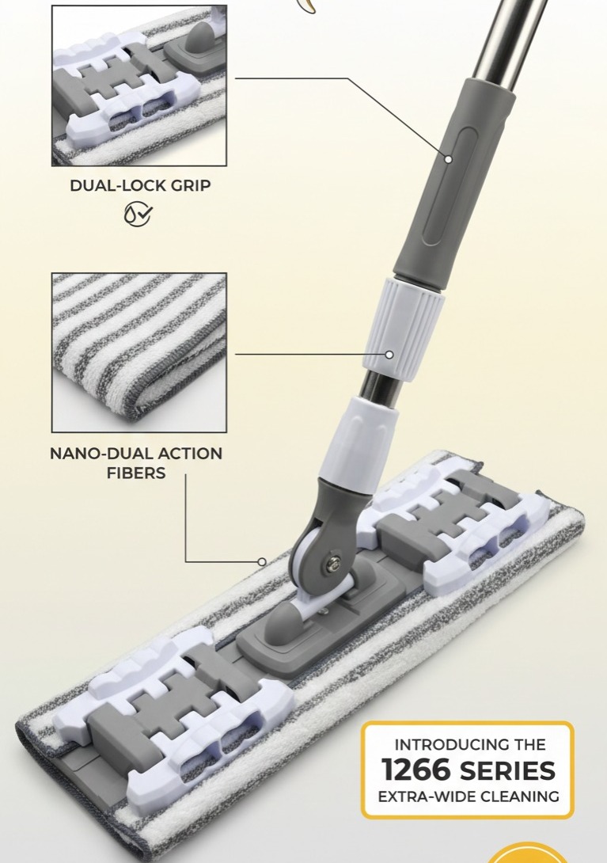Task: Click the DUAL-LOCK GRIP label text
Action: click(140, 185)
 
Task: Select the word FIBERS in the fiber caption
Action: click(136, 473)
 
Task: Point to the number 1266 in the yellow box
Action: click(417, 770)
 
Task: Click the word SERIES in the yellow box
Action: click(506, 770)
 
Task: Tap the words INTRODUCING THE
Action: click(470, 745)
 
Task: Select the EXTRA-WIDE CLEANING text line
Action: click(469, 796)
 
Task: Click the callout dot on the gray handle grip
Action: click(449, 159)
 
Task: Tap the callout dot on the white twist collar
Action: click(389, 355)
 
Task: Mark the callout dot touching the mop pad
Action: click(262, 562)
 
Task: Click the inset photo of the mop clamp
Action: click(139, 86)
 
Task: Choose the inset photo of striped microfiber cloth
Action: click(139, 352)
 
